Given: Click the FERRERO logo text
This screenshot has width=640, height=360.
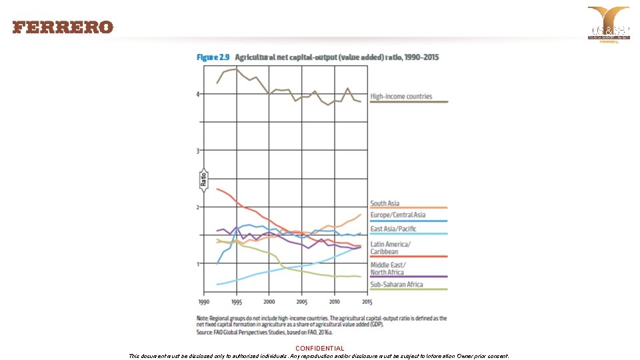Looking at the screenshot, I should click(x=63, y=27).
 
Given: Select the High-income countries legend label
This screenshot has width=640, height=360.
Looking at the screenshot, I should click(x=401, y=97).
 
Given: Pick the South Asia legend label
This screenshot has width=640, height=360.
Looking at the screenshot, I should click(x=385, y=203).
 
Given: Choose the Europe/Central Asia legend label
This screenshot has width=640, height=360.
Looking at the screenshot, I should click(x=398, y=215).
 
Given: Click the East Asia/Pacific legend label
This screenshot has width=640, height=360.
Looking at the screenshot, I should click(x=393, y=229).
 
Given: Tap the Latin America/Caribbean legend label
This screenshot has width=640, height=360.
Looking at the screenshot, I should click(x=391, y=248).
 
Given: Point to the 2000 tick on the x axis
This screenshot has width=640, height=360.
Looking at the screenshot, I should click(x=269, y=302).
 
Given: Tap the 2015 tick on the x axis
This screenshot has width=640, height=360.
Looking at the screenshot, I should click(x=367, y=302).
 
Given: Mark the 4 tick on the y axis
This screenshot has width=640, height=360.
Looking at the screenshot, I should click(x=197, y=94).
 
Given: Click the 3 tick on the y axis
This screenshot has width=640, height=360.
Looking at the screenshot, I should click(x=197, y=151).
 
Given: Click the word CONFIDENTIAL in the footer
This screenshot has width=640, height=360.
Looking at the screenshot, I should click(x=320, y=348).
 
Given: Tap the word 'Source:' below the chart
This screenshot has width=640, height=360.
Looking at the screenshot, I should click(x=205, y=331).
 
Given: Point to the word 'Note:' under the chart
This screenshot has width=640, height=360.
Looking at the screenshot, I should click(x=203, y=319).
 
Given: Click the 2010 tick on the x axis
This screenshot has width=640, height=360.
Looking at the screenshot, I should click(x=334, y=302).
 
